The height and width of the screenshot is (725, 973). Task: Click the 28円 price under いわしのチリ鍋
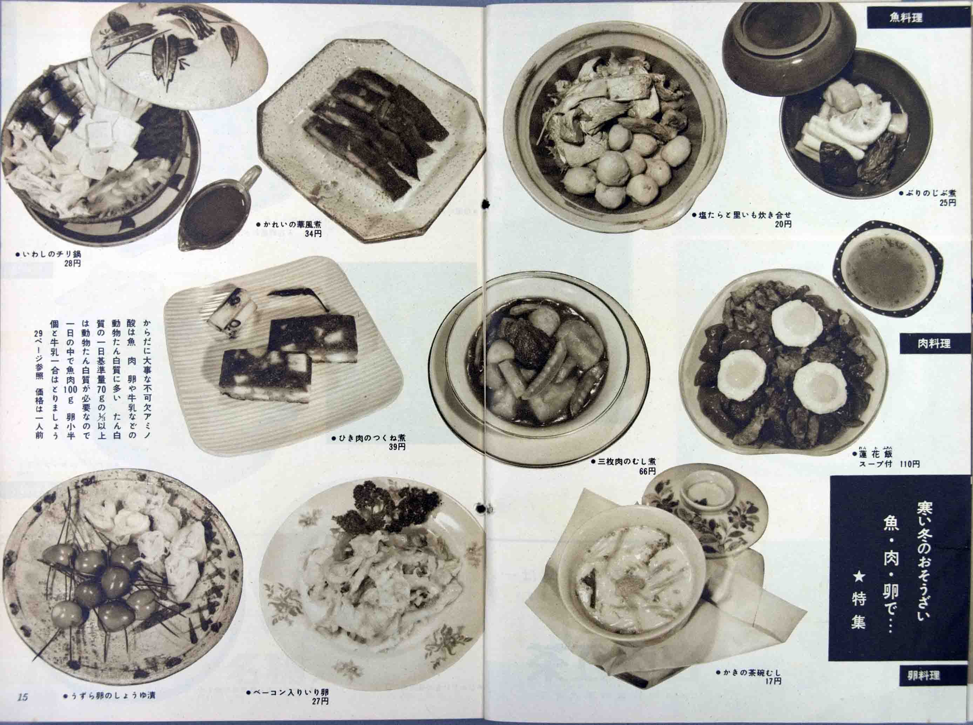coord(72,264)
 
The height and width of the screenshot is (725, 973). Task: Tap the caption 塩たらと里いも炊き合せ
coord(742,216)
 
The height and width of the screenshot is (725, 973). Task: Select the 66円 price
coord(647,471)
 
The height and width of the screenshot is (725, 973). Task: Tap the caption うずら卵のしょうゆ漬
coord(110,707)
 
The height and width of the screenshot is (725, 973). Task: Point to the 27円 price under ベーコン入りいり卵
coord(320,713)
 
